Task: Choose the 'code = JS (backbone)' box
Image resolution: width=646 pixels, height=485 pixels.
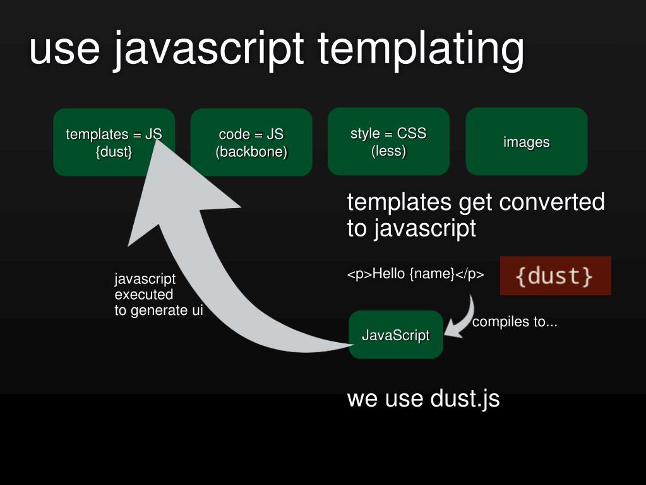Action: (x=251, y=142)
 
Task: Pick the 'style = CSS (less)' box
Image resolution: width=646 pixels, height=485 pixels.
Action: (x=388, y=142)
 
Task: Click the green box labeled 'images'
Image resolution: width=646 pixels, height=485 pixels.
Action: (x=527, y=142)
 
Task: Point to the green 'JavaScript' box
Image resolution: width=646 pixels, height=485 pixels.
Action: (x=396, y=335)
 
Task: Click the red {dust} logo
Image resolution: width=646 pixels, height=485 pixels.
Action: (x=555, y=276)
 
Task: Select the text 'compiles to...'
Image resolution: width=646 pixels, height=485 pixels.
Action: (x=515, y=322)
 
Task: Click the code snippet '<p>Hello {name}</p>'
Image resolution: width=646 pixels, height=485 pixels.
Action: (x=416, y=274)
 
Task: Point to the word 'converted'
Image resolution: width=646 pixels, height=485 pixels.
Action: (x=551, y=202)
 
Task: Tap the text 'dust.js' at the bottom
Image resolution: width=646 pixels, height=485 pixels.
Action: (x=465, y=399)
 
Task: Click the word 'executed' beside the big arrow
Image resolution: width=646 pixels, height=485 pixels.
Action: (x=144, y=295)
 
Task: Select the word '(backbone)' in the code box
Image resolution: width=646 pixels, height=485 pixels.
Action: (x=251, y=152)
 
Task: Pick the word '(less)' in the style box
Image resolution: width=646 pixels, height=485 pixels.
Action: (x=388, y=152)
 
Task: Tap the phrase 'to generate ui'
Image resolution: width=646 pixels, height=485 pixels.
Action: (x=159, y=310)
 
